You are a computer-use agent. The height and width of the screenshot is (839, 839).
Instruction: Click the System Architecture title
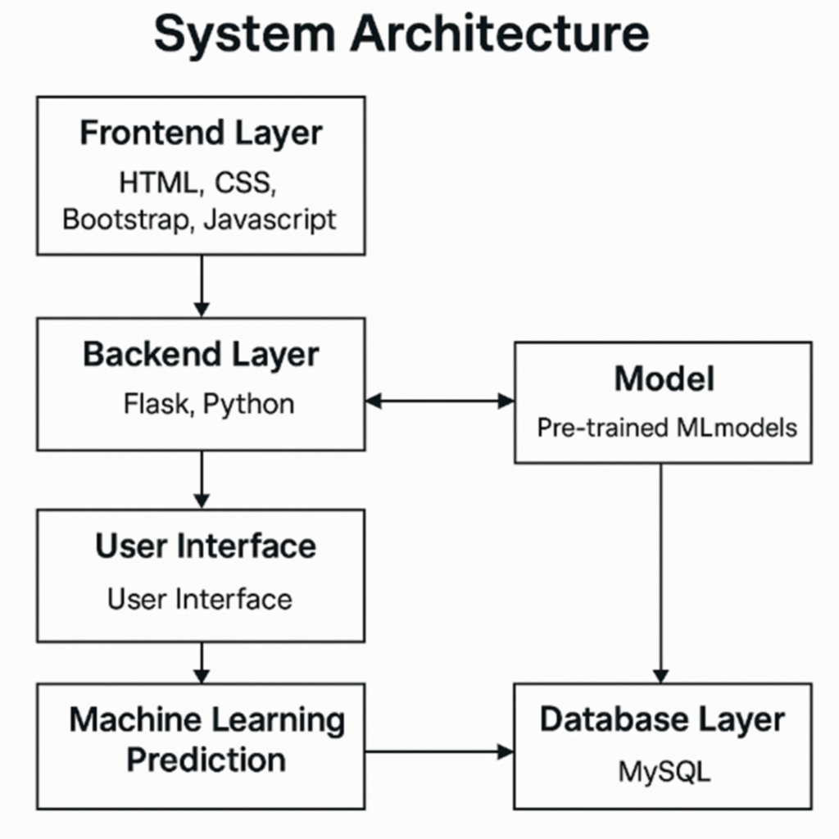401,34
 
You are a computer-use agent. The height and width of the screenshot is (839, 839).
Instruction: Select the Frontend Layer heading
201,134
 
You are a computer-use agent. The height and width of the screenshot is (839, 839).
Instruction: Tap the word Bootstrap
123,220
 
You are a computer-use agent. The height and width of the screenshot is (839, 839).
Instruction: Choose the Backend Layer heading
201,354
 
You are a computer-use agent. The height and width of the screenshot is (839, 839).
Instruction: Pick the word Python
248,404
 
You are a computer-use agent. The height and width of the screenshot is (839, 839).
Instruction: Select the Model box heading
664,379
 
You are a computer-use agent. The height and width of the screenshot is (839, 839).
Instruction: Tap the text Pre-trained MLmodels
666,427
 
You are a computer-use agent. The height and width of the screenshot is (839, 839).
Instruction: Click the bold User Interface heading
206,546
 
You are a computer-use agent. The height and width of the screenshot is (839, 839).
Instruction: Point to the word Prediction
206,760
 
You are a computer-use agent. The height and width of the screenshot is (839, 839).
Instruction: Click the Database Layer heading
662,719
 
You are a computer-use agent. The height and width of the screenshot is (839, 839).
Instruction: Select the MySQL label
664,771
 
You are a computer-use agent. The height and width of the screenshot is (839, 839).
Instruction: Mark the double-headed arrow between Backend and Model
439,401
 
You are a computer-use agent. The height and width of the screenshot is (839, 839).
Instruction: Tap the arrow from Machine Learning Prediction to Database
439,751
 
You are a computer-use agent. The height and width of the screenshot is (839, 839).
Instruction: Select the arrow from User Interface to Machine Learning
201,662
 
